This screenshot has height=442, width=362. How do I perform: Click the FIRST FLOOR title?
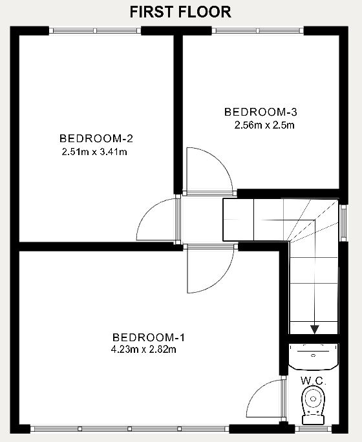pos(180,12)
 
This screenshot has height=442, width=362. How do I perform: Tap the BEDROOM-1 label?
pos(148,337)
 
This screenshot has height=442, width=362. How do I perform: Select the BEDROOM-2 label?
pos(96,138)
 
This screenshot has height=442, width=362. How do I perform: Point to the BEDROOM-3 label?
pos(261,112)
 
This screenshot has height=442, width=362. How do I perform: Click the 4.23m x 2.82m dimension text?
pos(144,350)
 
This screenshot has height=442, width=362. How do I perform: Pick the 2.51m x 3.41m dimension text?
pos(94,152)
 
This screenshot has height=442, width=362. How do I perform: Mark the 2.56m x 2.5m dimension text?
pos(264,125)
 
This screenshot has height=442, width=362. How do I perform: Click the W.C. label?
pos(314,381)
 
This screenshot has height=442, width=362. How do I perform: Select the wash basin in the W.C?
pos(314,356)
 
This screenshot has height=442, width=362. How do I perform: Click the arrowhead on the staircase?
pos(314,330)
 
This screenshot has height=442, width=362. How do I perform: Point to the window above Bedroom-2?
pos(95,30)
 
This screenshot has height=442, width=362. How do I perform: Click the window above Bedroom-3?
pos(258,30)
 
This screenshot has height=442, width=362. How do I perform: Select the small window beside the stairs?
pos(343,223)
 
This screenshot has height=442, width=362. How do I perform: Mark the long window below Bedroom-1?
pos(129,429)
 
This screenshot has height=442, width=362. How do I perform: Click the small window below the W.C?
pos(314,429)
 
